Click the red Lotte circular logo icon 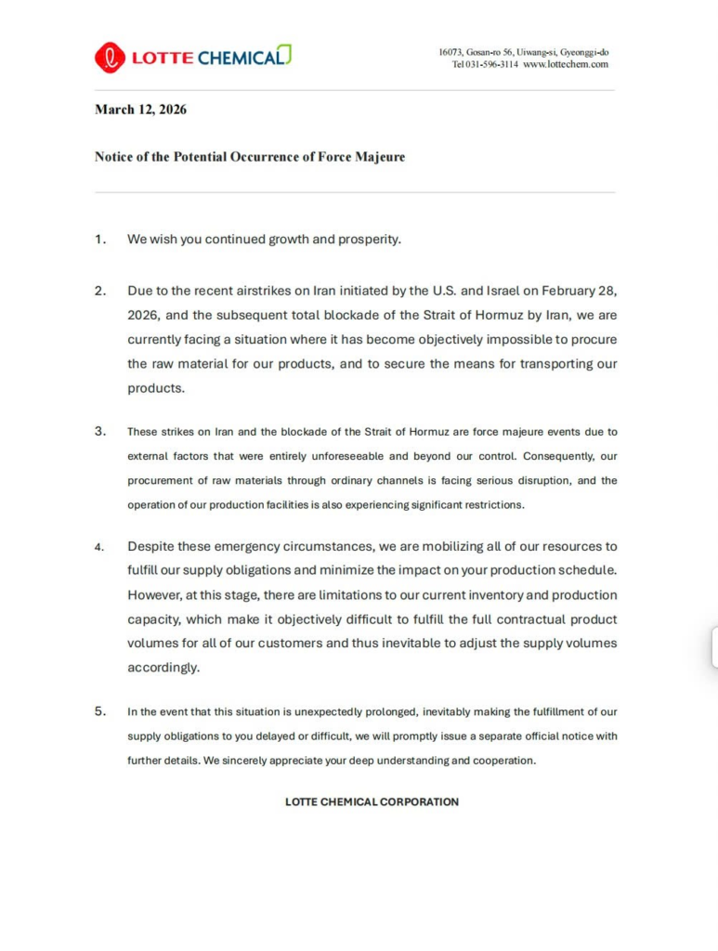click(x=110, y=57)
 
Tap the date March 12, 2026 click(x=140, y=110)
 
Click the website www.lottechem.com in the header click(x=566, y=64)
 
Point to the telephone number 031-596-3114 click(x=491, y=64)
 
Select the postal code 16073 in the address click(x=451, y=52)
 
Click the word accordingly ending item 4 click(x=163, y=667)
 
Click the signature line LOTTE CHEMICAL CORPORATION click(x=372, y=801)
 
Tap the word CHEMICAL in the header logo click(x=239, y=58)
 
